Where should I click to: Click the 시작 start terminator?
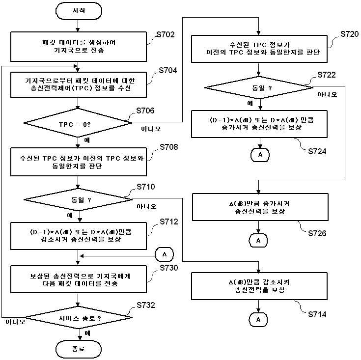tap(79, 11)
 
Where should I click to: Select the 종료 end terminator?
tap(79, 349)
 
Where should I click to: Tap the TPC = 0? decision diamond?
tap(78, 123)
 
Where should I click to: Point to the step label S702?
tap(166, 35)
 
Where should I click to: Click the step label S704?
tap(168, 70)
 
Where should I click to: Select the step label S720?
tap(350, 34)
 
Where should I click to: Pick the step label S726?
tap(317, 233)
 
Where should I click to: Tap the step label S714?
tap(317, 314)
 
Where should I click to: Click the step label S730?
tap(169, 268)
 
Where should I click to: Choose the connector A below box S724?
tap(260, 155)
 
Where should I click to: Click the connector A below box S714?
tap(258, 320)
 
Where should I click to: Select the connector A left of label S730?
tap(165, 254)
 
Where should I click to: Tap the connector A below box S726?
tap(258, 241)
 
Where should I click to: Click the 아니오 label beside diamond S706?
tap(151, 129)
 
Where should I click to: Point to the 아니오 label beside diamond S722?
tap(327, 94)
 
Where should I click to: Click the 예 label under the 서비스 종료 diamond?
tap(87, 333)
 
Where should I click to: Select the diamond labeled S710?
tap(78, 199)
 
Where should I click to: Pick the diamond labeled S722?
tap(259, 87)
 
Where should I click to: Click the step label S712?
tap(169, 222)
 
